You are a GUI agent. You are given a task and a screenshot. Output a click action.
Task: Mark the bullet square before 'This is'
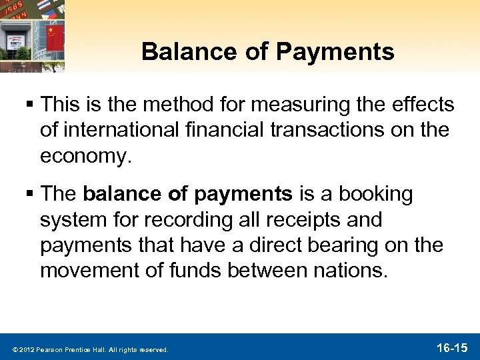[30, 105]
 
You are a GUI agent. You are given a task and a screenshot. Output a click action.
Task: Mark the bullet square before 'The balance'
[30, 195]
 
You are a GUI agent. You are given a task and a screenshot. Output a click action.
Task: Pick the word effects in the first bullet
[423, 105]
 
